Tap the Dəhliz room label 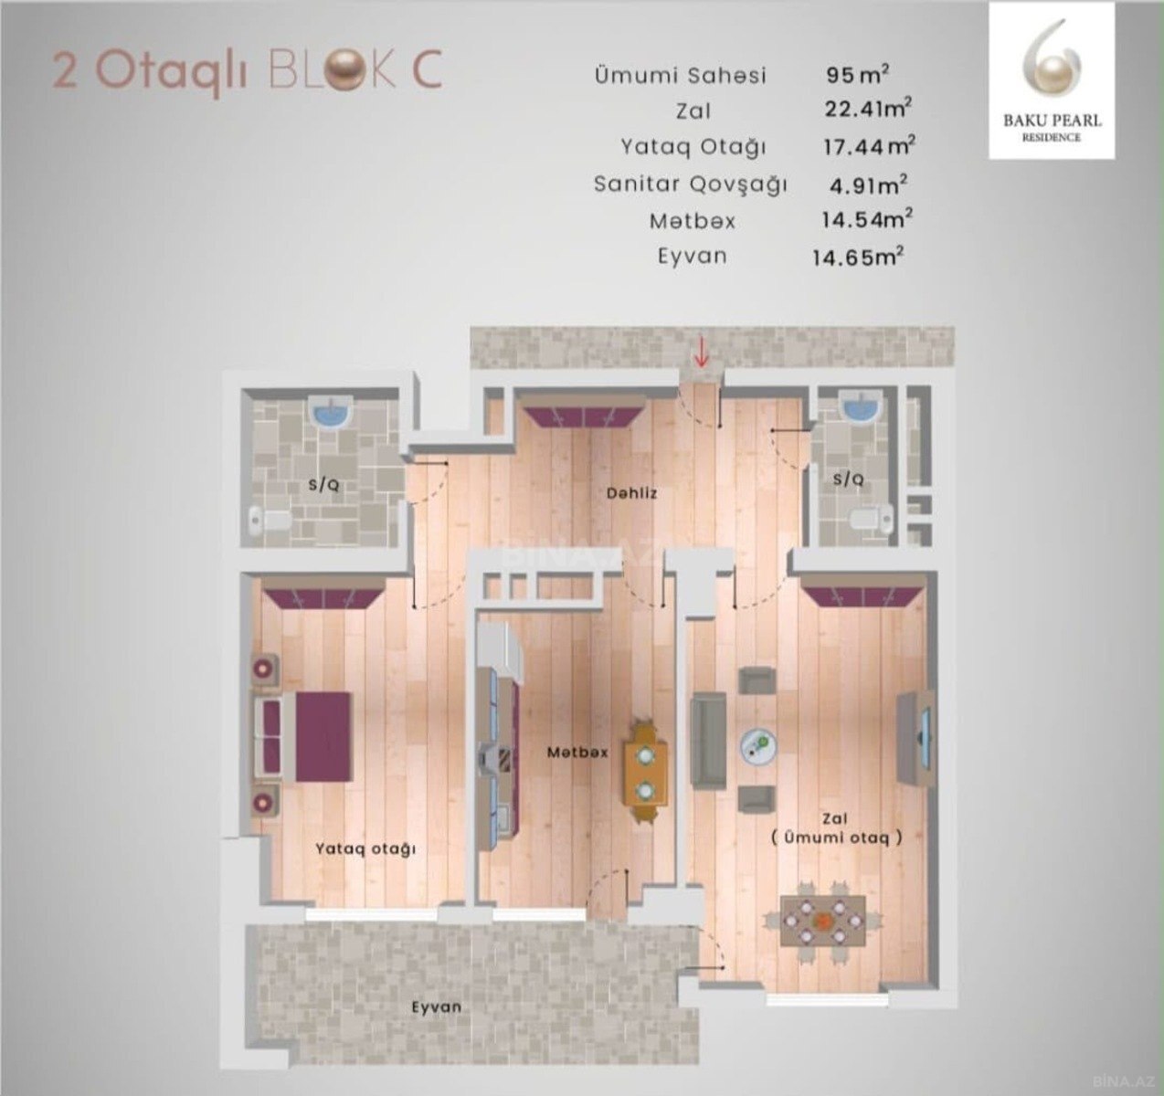pos(631,493)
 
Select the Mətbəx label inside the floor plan pos(577,752)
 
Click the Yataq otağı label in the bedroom pos(365,849)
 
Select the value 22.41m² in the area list pos(868,109)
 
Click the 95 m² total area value pos(858,74)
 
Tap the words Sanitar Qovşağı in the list pos(690,184)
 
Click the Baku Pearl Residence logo pos(1052,81)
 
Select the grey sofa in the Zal pos(709,739)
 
